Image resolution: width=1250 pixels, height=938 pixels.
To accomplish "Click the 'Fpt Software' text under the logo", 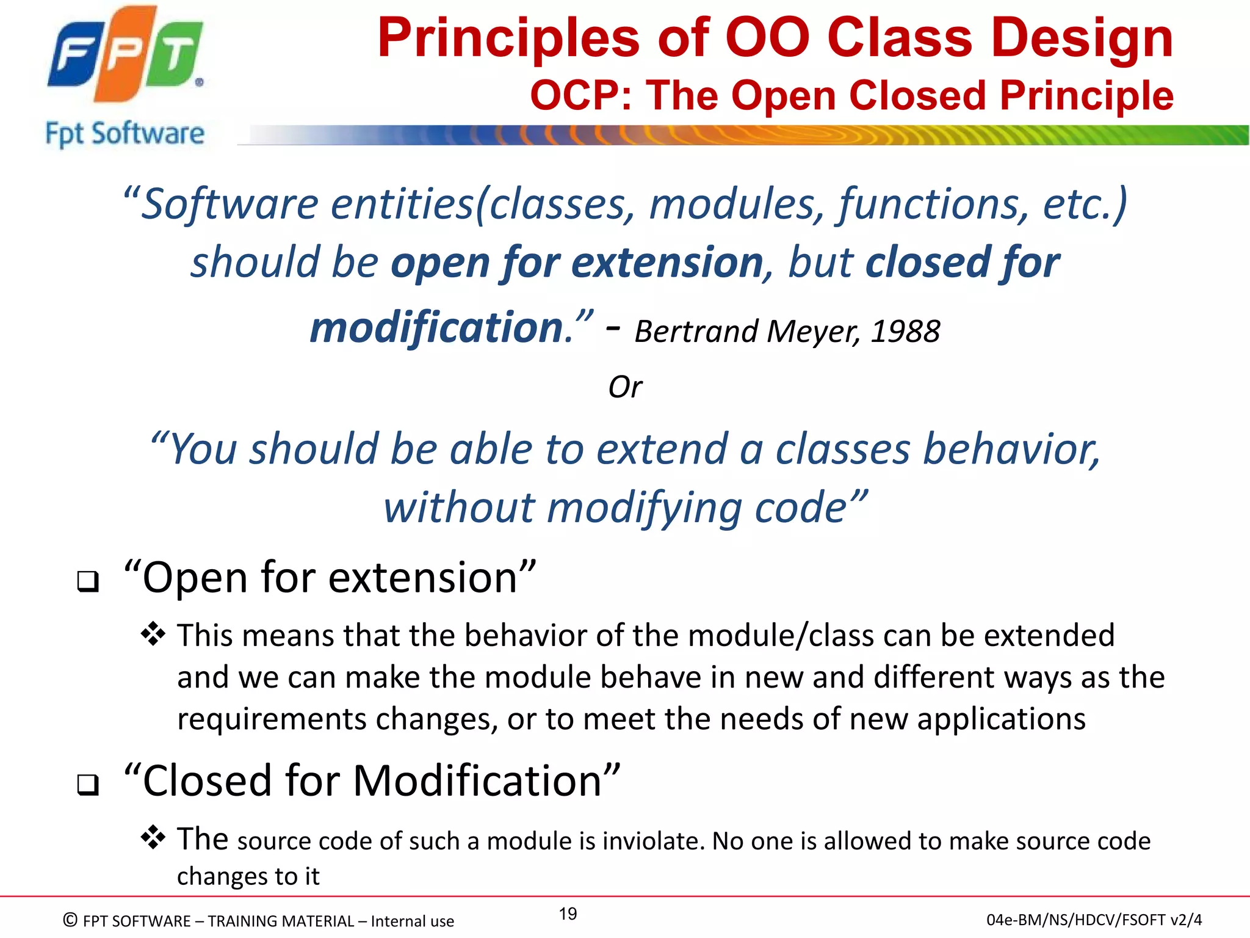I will click(125, 134).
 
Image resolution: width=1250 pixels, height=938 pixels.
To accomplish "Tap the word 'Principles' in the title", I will click(509, 38).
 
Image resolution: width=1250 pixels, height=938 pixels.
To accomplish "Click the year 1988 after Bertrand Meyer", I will click(905, 332).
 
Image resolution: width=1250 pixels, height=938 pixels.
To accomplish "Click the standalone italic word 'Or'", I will click(625, 387).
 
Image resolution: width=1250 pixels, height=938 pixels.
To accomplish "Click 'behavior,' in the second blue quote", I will click(1011, 449).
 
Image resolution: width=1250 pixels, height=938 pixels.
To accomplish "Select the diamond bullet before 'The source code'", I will click(153, 838).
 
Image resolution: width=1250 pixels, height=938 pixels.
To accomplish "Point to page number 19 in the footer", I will click(568, 914).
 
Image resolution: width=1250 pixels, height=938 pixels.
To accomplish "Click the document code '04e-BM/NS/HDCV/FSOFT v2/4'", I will click(1094, 920).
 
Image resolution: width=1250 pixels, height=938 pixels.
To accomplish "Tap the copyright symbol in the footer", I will click(70, 920).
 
